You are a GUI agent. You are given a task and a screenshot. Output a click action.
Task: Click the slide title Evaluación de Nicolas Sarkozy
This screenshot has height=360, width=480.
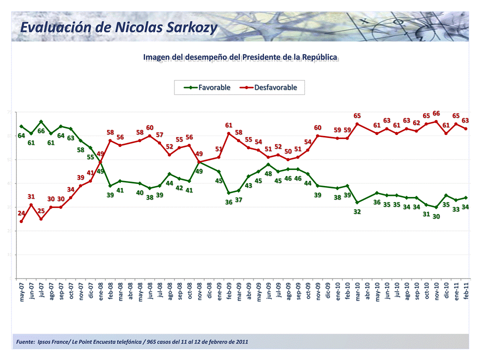[x=118, y=27]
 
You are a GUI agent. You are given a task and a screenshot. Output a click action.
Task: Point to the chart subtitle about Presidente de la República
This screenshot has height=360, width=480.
[x=240, y=57]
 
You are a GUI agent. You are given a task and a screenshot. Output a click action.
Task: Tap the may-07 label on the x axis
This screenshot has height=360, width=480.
[x=21, y=291]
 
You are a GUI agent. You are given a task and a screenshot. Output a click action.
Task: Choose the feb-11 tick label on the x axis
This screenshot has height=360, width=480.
[x=466, y=291]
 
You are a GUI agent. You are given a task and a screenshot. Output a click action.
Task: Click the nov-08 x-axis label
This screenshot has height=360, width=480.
[x=199, y=291]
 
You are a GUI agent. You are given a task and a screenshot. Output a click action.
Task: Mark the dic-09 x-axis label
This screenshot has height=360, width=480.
[x=328, y=291]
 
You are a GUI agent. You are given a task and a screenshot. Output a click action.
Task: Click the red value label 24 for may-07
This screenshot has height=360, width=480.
[x=21, y=213]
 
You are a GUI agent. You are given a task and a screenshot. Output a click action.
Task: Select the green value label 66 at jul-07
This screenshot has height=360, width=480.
[x=41, y=131]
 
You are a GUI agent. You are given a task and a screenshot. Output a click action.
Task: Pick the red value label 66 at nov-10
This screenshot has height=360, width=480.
[x=436, y=113]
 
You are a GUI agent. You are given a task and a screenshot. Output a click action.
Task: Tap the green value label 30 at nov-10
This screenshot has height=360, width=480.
[x=436, y=216]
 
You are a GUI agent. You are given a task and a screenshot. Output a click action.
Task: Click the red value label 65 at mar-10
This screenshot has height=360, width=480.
[x=357, y=116]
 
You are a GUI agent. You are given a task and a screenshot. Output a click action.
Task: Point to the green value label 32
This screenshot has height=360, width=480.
[x=357, y=211]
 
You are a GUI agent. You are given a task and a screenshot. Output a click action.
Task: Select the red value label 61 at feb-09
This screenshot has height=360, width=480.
[x=228, y=125]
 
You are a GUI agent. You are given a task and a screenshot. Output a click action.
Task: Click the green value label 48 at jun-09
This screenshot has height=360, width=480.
[x=268, y=173]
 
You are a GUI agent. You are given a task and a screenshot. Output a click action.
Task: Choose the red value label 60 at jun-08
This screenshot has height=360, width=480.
[x=149, y=128]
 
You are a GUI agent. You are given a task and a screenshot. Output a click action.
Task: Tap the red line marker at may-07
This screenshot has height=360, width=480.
[x=21, y=221]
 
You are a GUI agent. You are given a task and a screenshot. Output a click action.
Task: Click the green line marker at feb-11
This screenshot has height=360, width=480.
[x=466, y=197]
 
